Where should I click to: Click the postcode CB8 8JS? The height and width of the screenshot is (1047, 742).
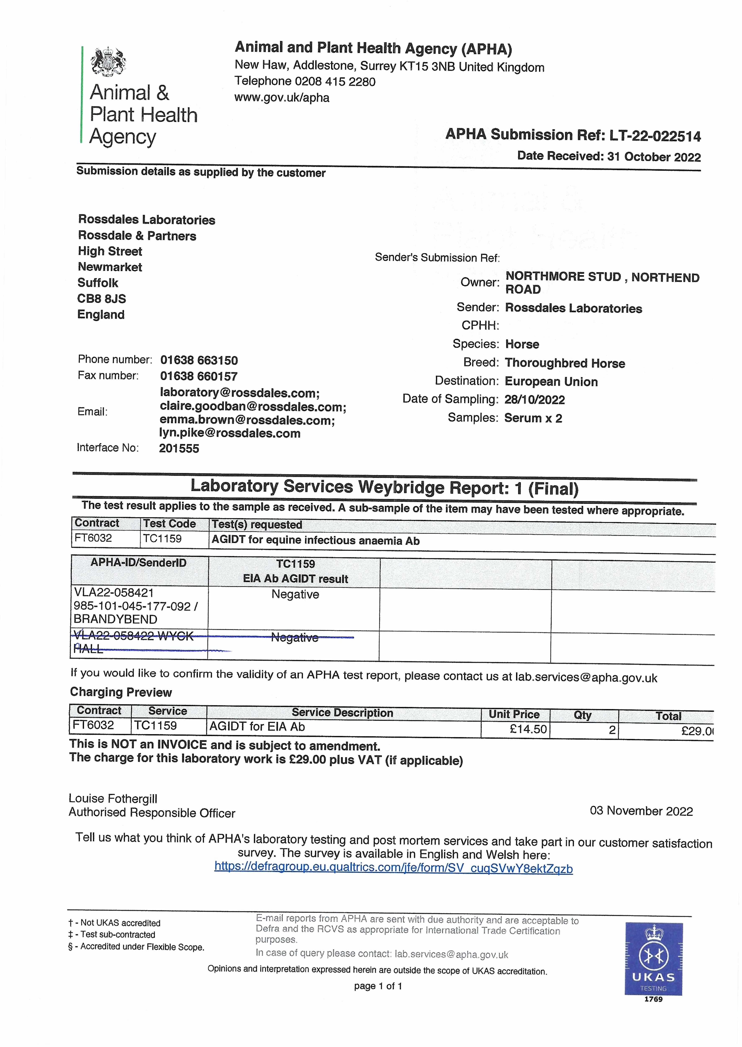click(101, 299)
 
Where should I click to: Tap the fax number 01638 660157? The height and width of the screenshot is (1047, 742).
click(199, 377)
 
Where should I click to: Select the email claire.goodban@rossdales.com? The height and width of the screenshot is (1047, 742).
click(253, 407)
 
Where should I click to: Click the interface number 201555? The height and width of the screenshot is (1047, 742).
click(179, 448)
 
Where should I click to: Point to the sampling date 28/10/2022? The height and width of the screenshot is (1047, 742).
click(535, 400)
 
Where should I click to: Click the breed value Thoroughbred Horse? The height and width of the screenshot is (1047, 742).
click(565, 363)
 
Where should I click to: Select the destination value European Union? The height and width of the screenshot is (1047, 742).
click(551, 382)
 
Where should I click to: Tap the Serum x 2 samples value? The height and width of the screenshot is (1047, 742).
click(533, 418)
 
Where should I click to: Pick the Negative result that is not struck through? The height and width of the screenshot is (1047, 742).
click(295, 594)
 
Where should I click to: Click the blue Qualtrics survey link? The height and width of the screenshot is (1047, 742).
click(393, 868)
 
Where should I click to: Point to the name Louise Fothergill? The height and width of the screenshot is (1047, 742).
click(113, 798)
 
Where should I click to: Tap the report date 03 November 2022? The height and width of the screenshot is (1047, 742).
click(641, 811)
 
